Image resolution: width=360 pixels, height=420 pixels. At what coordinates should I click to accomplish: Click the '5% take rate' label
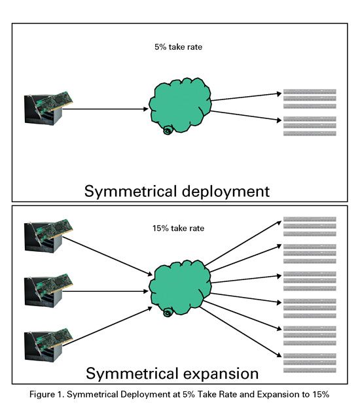[x=178, y=47]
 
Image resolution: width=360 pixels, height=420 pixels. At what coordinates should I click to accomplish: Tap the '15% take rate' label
[x=178, y=228]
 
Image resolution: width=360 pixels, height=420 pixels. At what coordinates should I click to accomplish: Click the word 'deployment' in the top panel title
[x=226, y=192]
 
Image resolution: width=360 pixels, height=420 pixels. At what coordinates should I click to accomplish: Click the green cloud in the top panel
[x=180, y=105]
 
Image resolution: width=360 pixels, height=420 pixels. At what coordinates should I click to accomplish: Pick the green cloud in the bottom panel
[x=180, y=287]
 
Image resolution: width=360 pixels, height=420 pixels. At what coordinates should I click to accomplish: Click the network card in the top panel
[x=48, y=108]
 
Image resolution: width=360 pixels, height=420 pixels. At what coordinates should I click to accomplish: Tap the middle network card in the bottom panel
[x=48, y=290]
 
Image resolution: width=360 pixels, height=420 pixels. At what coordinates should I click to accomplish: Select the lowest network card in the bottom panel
[x=48, y=345]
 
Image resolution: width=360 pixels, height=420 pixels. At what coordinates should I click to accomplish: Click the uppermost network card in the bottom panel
[x=48, y=236]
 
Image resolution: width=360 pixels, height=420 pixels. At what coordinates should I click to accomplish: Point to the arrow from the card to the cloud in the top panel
[x=105, y=109]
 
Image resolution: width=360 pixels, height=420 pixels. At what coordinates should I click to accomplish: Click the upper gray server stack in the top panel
[x=310, y=99]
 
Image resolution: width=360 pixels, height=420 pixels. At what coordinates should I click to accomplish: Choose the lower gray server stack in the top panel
[x=310, y=126]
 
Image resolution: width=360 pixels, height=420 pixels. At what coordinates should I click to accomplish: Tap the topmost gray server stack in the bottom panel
[x=310, y=226]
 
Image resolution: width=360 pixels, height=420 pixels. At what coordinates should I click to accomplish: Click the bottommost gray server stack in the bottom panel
[x=310, y=363]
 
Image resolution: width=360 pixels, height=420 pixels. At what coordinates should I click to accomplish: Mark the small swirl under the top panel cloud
[x=168, y=130]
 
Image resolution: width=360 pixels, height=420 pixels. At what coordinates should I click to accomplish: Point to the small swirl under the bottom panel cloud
[x=168, y=313]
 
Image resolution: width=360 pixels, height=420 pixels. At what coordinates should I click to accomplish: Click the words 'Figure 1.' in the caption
[x=46, y=394]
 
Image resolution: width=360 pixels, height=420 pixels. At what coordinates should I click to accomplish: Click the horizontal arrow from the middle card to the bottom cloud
[x=105, y=291]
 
